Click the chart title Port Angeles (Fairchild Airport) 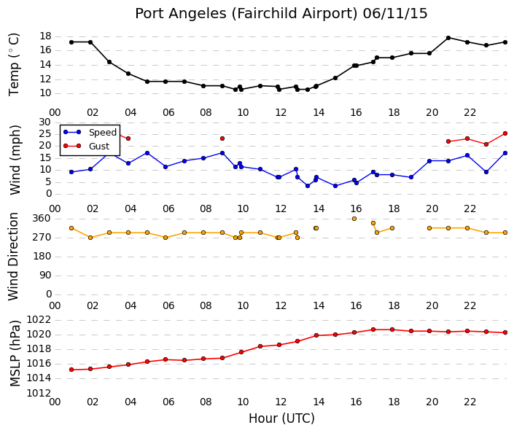click(x=246, y=14)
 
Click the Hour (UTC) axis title click(x=281, y=418)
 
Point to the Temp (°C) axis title click(x=14, y=65)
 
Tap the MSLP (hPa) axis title click(x=15, y=354)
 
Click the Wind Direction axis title click(x=13, y=257)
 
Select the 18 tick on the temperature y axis click(x=45, y=36)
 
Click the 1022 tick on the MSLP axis click(x=39, y=319)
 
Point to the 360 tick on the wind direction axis click(x=42, y=218)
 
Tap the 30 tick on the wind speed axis click(x=45, y=122)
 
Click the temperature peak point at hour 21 click(x=448, y=38)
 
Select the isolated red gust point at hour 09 click(x=222, y=139)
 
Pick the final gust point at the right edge click(x=505, y=133)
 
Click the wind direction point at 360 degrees click(x=354, y=219)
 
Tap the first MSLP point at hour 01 click(x=71, y=370)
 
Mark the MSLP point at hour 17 click(x=373, y=329)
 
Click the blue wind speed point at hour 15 click(x=335, y=186)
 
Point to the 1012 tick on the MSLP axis click(x=39, y=393)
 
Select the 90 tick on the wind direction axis click(x=45, y=275)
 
